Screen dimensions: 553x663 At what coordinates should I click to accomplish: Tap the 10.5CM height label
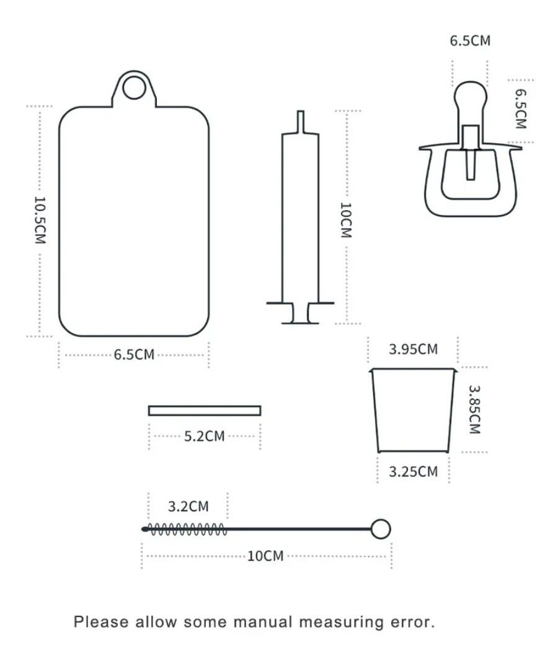[x=40, y=220]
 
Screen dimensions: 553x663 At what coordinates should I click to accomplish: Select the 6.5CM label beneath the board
[x=134, y=354]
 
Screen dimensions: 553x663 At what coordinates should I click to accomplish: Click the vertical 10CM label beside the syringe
[x=346, y=220]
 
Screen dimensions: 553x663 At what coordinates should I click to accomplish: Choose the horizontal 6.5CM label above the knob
[x=470, y=41]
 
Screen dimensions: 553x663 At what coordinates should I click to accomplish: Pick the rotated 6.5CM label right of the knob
[x=521, y=108]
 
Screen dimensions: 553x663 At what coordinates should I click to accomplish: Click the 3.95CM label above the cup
[x=414, y=349]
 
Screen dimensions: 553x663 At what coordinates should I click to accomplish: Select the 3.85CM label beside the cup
[x=475, y=410]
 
